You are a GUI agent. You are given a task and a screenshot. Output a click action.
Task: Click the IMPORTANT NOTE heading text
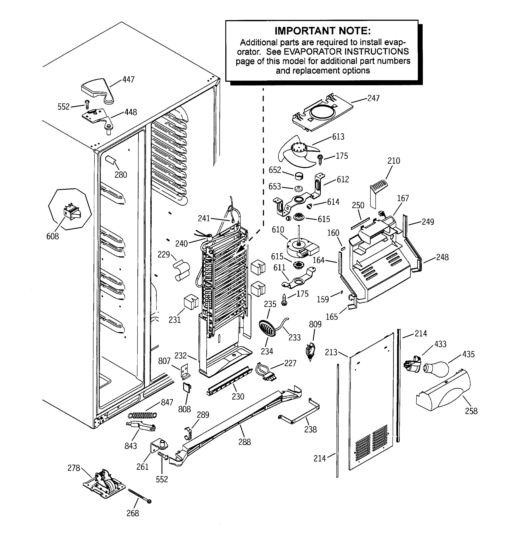323,31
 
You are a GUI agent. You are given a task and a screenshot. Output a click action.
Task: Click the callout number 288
244,442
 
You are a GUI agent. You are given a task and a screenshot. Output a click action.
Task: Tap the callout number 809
315,324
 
